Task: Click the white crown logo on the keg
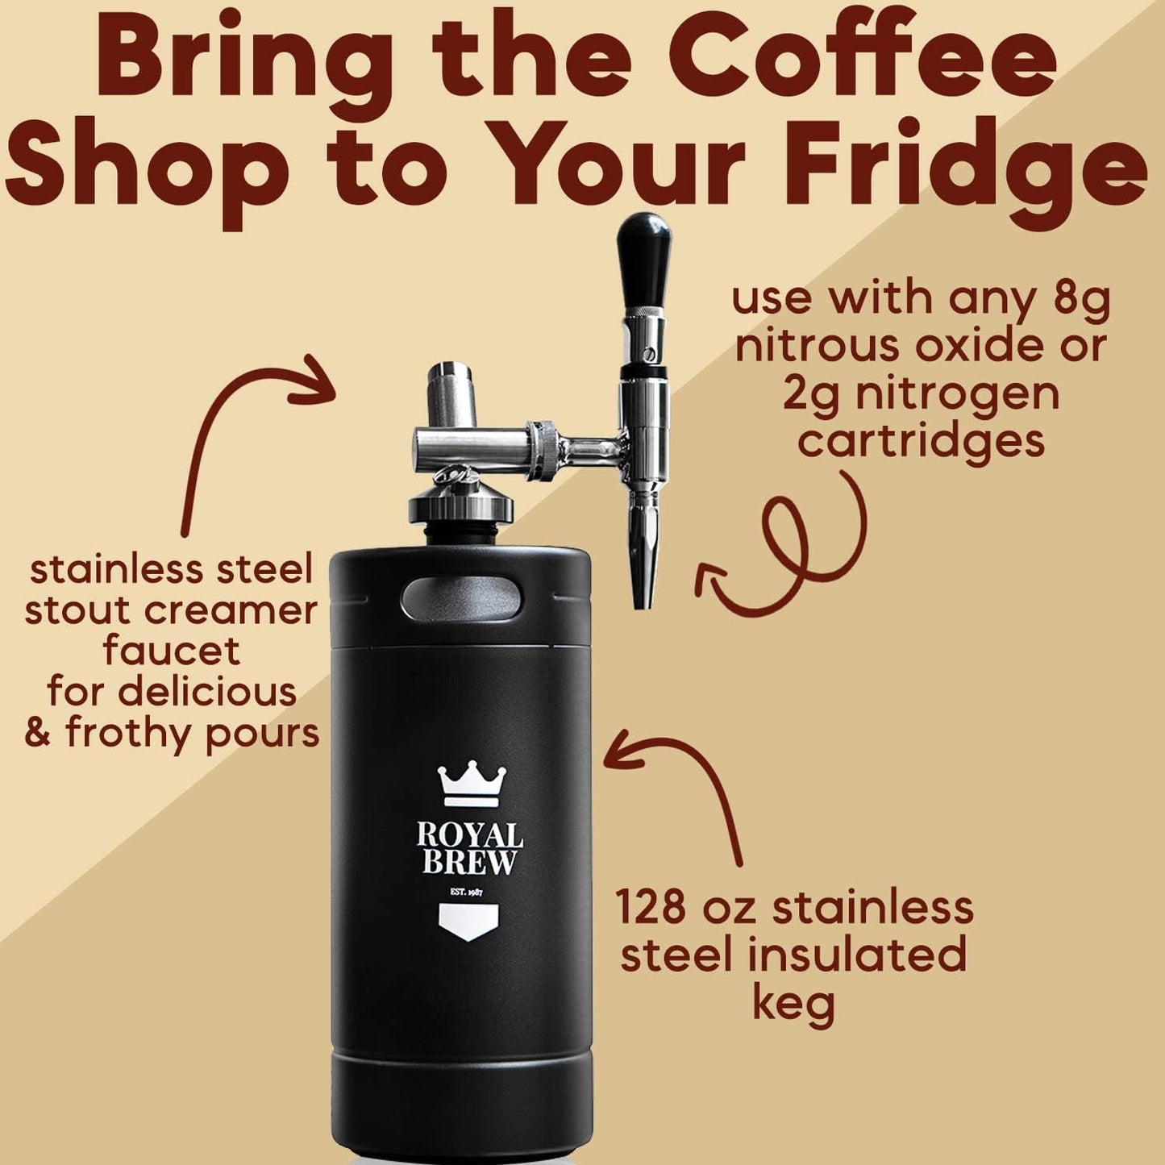[472, 785]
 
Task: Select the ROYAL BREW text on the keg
[470, 849]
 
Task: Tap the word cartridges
[921, 440]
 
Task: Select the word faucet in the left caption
[172, 651]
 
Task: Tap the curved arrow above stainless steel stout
[242, 435]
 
